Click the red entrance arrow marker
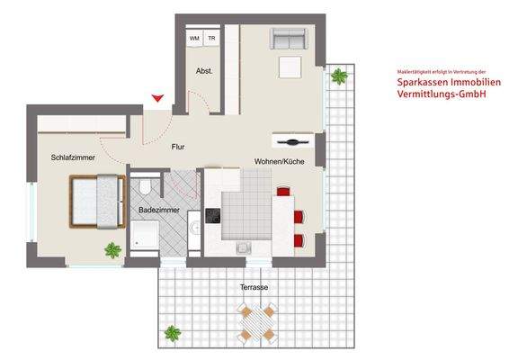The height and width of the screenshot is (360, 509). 158,98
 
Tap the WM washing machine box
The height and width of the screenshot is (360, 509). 194,38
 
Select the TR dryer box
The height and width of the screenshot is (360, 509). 211,38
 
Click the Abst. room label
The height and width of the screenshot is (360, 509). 203,70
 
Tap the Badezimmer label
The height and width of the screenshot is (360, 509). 158,211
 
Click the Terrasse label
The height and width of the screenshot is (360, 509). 254,288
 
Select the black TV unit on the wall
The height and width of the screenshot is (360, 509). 293,141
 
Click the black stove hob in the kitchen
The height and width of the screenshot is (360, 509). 213,215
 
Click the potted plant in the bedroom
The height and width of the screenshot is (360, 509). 112,250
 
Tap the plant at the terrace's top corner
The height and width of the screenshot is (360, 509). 340,76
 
